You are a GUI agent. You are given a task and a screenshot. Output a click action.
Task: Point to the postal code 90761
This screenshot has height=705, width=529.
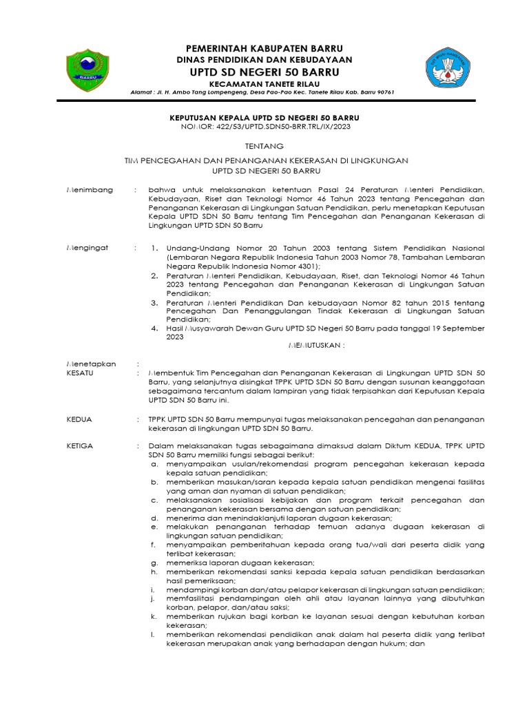[382, 92]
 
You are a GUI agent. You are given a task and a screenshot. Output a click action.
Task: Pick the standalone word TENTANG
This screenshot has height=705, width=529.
[264, 147]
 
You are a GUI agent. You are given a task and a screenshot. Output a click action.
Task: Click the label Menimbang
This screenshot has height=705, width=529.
[89, 189]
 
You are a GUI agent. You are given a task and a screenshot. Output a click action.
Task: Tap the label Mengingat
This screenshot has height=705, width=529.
[87, 248]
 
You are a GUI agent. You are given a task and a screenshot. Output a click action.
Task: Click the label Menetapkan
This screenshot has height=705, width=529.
[91, 363]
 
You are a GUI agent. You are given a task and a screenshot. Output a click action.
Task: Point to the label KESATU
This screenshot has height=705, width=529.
[80, 372]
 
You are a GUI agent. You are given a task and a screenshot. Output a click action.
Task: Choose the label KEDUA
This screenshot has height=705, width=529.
[79, 419]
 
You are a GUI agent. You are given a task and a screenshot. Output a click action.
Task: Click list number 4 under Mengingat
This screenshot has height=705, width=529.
[155, 328]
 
